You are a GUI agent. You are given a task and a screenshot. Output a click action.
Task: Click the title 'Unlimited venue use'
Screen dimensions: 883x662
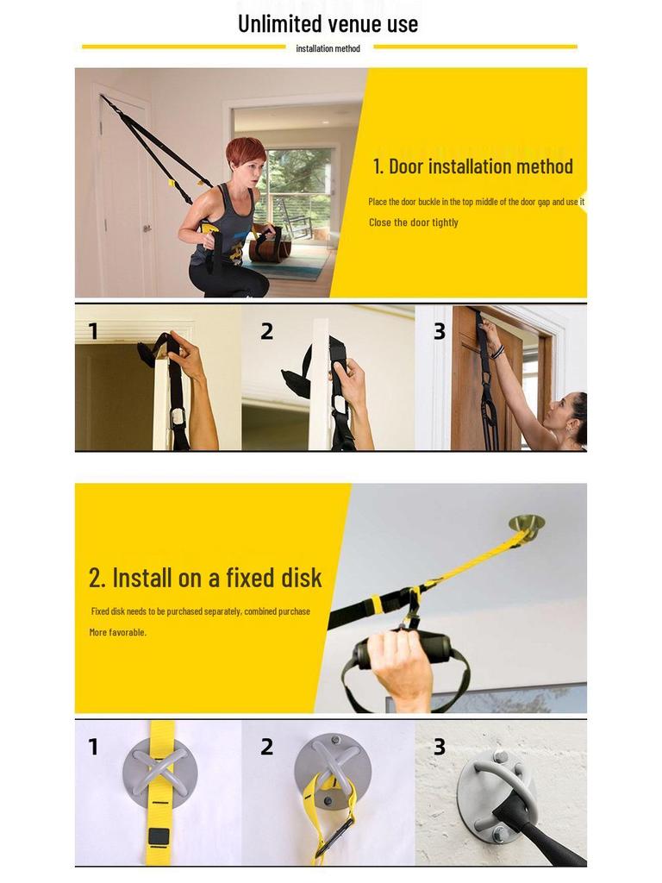328,23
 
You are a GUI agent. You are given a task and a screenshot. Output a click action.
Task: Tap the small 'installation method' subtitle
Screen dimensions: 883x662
328,48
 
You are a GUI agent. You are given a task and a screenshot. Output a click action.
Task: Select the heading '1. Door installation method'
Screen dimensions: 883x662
472,166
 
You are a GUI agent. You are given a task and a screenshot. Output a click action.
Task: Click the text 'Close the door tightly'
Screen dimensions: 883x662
413,222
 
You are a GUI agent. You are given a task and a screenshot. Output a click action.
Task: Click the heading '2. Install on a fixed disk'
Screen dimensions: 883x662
205,577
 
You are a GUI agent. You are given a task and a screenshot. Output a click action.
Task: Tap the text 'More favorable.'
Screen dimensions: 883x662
118,632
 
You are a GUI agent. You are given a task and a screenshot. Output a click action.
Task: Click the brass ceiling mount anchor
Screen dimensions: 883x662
527,523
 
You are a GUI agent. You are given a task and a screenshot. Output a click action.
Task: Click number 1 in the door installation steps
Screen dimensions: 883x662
93,332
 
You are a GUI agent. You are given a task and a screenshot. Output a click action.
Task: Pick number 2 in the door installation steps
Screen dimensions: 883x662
266,332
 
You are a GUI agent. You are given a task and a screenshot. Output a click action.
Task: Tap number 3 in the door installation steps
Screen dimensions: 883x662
439,332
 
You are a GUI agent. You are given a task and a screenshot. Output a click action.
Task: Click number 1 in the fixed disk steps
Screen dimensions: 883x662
93,747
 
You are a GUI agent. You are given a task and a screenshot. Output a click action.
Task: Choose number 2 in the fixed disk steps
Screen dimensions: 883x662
266,747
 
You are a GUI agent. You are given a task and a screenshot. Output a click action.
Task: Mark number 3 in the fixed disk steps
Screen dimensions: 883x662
439,747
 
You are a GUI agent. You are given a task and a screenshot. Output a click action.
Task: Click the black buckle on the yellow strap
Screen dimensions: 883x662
158,836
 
